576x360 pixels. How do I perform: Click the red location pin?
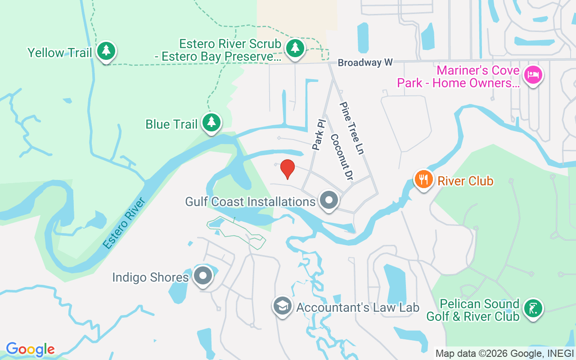tap(288, 168)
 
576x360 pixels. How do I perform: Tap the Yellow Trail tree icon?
tap(106, 50)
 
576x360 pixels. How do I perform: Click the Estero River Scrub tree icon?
tap(295, 47)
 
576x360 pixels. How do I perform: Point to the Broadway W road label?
tap(365, 63)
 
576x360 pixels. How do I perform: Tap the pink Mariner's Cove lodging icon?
tap(533, 74)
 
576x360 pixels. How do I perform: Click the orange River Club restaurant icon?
tap(423, 179)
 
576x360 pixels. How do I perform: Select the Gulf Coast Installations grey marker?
tap(329, 200)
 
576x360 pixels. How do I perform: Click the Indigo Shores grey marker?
tap(203, 275)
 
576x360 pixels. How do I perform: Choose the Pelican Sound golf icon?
tap(533, 309)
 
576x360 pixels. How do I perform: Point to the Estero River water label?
tap(124, 223)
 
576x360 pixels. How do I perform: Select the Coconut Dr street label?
tap(342, 157)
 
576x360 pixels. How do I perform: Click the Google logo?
tap(30, 349)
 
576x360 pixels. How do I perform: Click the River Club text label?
tap(465, 181)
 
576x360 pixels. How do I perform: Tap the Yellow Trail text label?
tap(60, 53)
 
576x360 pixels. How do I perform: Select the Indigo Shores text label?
tap(150, 277)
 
